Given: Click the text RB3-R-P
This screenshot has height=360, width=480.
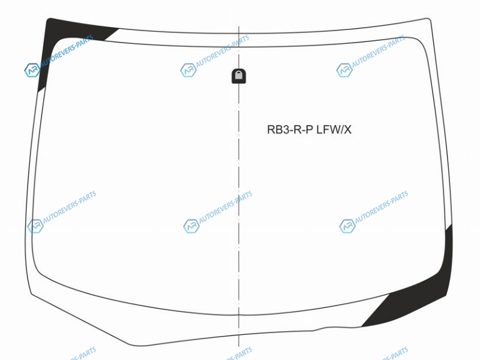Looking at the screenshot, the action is point(290,130).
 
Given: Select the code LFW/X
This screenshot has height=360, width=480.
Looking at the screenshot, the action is point(334,130).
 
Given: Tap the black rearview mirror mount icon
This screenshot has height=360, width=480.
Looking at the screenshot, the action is point(239,76).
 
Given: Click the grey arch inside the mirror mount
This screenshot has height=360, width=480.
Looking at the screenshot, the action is point(239,74).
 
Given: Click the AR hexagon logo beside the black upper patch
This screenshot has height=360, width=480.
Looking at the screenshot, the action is point(32,70).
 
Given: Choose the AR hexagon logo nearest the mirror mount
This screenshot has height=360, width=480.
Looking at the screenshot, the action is point(188,70).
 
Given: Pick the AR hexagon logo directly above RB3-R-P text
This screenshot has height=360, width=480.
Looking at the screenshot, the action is point(344,70).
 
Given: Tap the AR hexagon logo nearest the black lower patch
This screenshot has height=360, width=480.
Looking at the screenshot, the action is point(347,226).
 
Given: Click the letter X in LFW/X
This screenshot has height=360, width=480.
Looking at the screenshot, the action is point(347,130).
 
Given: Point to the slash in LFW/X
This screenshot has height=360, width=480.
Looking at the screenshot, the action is point(341,130).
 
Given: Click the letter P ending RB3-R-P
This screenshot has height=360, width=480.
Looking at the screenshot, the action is point(310,130).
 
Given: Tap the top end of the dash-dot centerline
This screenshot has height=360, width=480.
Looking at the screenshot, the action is point(239,27).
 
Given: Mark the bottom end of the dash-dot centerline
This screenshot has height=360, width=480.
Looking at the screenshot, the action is point(239,347).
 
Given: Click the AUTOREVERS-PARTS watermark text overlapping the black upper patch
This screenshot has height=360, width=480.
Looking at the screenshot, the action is point(67,51).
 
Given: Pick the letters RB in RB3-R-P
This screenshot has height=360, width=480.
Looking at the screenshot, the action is point(274,130).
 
